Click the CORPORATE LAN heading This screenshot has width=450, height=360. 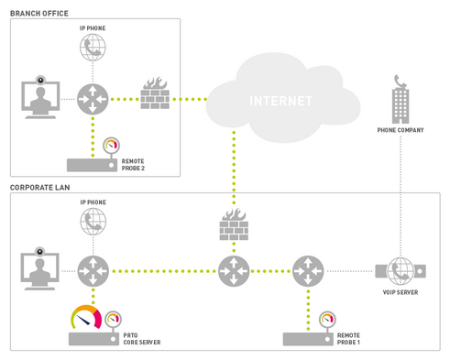click(41, 187)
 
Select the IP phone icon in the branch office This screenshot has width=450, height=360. click(93, 49)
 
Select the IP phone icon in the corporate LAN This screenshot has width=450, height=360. click(93, 222)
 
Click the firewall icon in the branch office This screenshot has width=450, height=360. click(154, 96)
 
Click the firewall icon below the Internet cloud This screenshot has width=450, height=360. click(234, 224)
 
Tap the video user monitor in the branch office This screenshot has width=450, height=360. click(39, 98)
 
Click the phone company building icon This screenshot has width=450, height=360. click(401, 98)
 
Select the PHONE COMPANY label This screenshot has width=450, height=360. click(401, 131)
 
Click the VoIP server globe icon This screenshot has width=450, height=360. click(400, 271)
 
